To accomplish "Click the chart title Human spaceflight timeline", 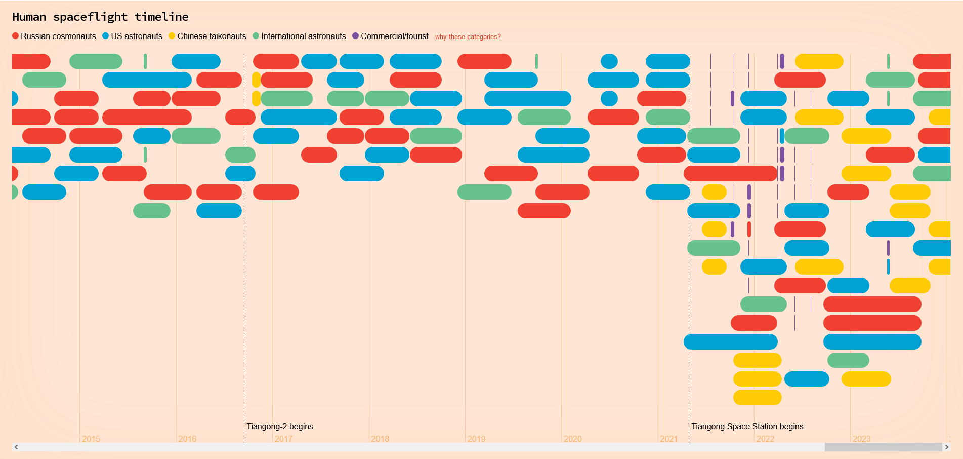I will coord(100,17).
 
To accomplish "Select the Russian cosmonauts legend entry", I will coord(54,36).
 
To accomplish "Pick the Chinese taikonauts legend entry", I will coord(207,36).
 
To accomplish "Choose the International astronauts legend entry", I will coord(299,36).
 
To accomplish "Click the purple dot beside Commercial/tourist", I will coord(355,36).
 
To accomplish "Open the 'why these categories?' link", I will coord(468,37).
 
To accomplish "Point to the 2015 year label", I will coord(91,439).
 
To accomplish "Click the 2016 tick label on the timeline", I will coord(187,439).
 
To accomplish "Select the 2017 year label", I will coord(283,439).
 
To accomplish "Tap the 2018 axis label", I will coord(380,439).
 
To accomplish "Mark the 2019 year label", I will coord(476,439).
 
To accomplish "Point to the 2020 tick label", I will coord(573,439).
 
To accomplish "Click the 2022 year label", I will coord(765,439).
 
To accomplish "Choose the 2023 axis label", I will coord(862,439).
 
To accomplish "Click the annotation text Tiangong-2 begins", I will coord(280,426).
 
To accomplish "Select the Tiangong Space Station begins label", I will coord(747,426).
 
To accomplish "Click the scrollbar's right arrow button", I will coord(947,447).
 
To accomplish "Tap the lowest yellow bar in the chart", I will coord(757,398).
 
